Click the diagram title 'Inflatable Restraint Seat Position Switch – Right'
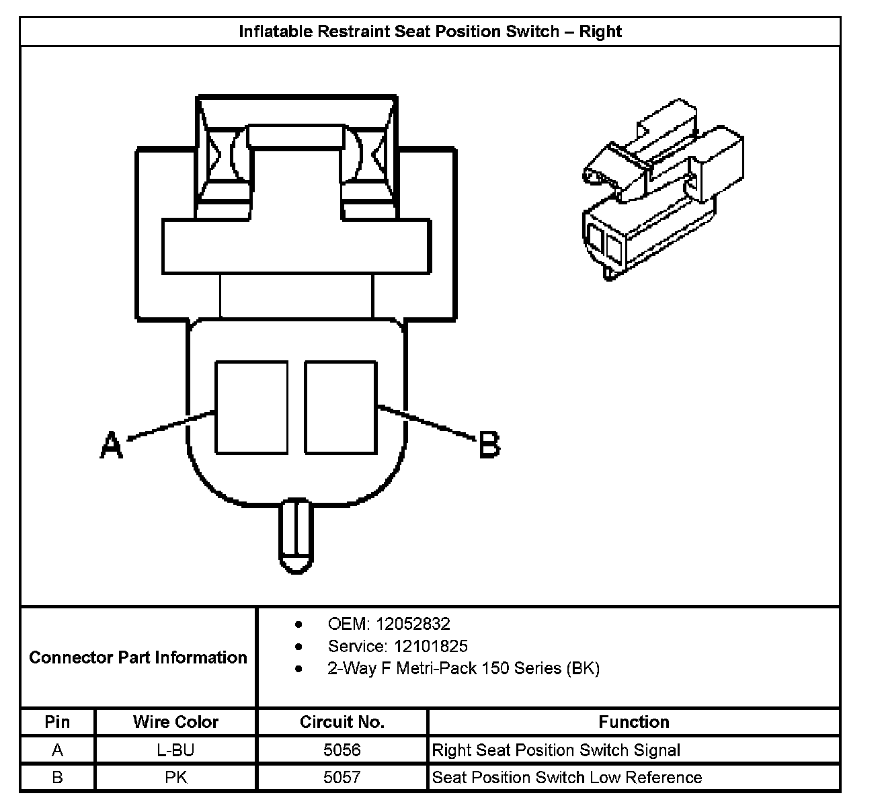(x=430, y=32)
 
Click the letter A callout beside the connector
(x=112, y=445)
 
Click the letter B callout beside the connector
(x=489, y=445)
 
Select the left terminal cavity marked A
(x=251, y=407)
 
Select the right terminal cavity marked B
(x=340, y=407)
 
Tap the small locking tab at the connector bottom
(x=296, y=536)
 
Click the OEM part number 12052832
(x=412, y=624)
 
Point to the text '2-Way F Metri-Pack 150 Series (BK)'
(x=463, y=668)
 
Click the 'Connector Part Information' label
(x=138, y=657)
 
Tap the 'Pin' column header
(x=57, y=722)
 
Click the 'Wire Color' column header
(x=175, y=722)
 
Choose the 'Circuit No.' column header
(x=342, y=722)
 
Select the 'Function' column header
(x=634, y=722)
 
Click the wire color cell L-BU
(x=175, y=750)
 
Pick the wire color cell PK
(x=175, y=778)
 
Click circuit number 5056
(x=342, y=750)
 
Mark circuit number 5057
(x=342, y=778)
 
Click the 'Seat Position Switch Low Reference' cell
(x=567, y=778)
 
